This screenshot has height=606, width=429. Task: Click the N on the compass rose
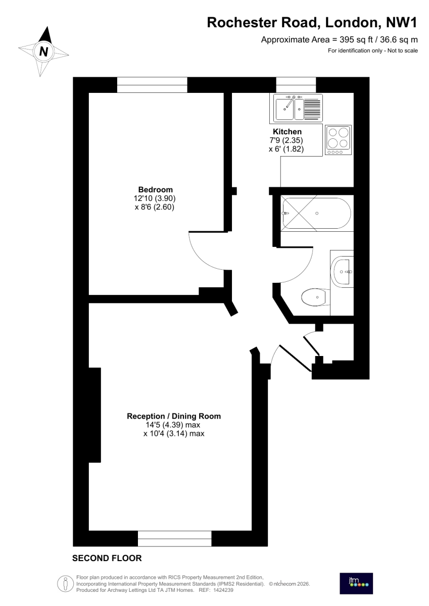[x=43, y=52]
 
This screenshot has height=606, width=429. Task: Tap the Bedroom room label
[x=155, y=189]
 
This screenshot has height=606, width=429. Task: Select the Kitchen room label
[x=287, y=131]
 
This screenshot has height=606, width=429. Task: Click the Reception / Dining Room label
[x=174, y=416]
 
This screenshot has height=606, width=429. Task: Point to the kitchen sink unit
[x=298, y=108]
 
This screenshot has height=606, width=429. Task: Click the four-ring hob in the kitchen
[x=339, y=140]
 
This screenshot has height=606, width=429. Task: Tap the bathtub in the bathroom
[x=317, y=213]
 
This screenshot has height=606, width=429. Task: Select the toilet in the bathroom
[x=316, y=297]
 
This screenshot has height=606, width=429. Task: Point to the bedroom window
[x=152, y=85]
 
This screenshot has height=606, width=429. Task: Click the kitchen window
[x=296, y=85]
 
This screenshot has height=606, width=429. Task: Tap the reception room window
[x=174, y=539]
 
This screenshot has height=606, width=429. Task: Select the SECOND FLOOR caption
[x=107, y=558]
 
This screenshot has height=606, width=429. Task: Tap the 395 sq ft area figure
[x=356, y=40]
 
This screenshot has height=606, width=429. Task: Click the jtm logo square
[x=356, y=583]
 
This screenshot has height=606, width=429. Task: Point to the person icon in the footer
[x=65, y=583]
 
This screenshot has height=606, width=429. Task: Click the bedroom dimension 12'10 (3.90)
[x=155, y=198]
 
